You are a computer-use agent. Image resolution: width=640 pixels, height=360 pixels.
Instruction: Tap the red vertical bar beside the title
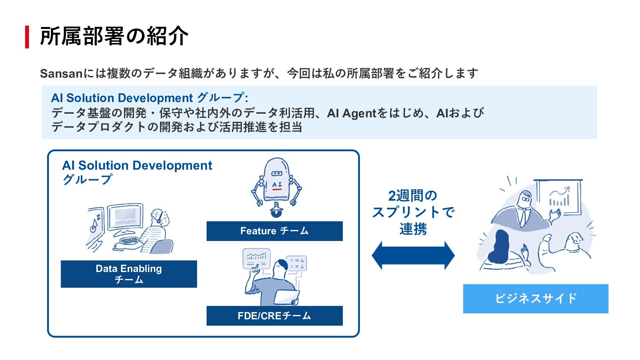[x=27, y=37]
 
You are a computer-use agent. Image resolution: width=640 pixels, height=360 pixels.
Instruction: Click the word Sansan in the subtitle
[x=61, y=73]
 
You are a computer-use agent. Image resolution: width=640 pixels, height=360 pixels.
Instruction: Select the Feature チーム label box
[x=274, y=231]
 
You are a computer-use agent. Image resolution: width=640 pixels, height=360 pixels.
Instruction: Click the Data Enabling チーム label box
[x=129, y=274]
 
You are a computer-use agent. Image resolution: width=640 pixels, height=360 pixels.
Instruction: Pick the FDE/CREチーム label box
[x=274, y=316]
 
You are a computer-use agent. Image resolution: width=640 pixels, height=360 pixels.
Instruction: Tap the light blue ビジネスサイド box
[x=535, y=299]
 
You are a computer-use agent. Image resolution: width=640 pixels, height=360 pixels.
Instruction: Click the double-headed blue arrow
[x=413, y=255]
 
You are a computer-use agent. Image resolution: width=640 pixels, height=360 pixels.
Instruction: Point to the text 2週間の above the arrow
[x=413, y=196]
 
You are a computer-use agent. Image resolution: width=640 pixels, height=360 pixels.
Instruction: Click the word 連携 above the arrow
[x=413, y=229]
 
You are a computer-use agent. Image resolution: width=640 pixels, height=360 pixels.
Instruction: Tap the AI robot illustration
[x=276, y=187]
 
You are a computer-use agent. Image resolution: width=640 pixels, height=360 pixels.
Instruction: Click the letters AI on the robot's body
[x=277, y=184]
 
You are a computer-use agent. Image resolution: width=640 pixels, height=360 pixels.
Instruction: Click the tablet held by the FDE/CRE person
[x=287, y=296]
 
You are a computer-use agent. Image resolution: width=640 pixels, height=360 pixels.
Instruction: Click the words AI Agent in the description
[x=351, y=113]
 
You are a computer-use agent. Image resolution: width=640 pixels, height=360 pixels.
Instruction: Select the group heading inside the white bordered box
[x=137, y=172]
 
